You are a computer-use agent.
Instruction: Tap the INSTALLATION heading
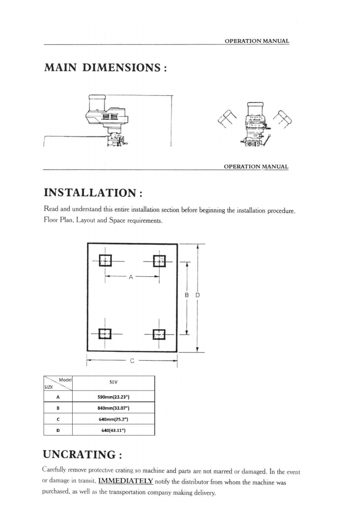point(94,193)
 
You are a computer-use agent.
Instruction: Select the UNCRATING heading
point(88,454)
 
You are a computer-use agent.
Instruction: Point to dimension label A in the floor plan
point(130,278)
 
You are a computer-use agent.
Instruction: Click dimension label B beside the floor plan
point(187,295)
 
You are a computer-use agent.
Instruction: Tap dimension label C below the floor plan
point(131,362)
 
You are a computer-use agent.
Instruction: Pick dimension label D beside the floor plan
point(197,295)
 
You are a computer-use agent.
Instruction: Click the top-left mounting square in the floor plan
point(105,261)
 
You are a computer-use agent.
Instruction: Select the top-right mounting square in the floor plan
point(159,261)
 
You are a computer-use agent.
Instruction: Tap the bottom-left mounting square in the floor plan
point(105,333)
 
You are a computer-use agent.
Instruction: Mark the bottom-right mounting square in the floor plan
point(158,334)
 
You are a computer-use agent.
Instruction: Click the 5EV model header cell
point(113,383)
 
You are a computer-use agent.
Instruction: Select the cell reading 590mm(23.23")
point(114,397)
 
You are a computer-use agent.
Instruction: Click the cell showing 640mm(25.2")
point(114,419)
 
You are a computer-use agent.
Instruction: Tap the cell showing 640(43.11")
point(114,430)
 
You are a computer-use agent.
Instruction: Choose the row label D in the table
point(58,430)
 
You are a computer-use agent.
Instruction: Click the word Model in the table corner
point(66,379)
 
